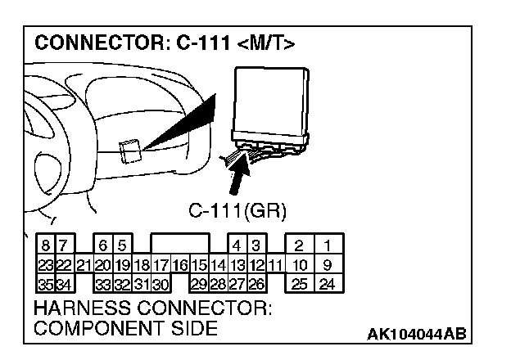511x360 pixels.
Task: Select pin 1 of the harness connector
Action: (x=327, y=245)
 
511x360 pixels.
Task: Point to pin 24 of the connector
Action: (x=327, y=285)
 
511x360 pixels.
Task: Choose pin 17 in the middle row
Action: (x=160, y=265)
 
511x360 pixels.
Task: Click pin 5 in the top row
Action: (x=120, y=245)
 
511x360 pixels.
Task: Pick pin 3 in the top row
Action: (x=255, y=245)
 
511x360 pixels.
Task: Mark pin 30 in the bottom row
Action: (x=160, y=285)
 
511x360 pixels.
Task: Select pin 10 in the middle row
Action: (x=300, y=265)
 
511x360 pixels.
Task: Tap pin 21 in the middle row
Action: (x=83, y=265)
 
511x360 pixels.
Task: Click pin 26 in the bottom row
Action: (x=255, y=285)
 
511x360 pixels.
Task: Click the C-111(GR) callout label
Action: (x=237, y=211)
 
